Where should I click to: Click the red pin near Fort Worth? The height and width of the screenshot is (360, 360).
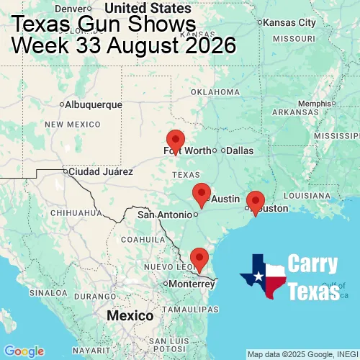tap(175, 140)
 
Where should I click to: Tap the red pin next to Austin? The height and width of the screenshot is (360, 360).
tap(202, 193)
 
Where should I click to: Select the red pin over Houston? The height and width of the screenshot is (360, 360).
tap(255, 202)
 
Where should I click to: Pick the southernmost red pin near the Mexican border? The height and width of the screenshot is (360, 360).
tap(199, 257)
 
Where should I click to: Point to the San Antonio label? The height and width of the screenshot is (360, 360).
tap(165, 215)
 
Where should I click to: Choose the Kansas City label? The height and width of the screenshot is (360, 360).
tap(289, 23)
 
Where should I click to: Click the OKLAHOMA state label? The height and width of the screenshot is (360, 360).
tap(215, 92)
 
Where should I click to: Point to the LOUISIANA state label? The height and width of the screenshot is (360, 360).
tap(311, 195)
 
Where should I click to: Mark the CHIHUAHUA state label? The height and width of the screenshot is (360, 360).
tap(70, 213)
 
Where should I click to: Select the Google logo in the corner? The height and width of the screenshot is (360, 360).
tap(24, 351)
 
